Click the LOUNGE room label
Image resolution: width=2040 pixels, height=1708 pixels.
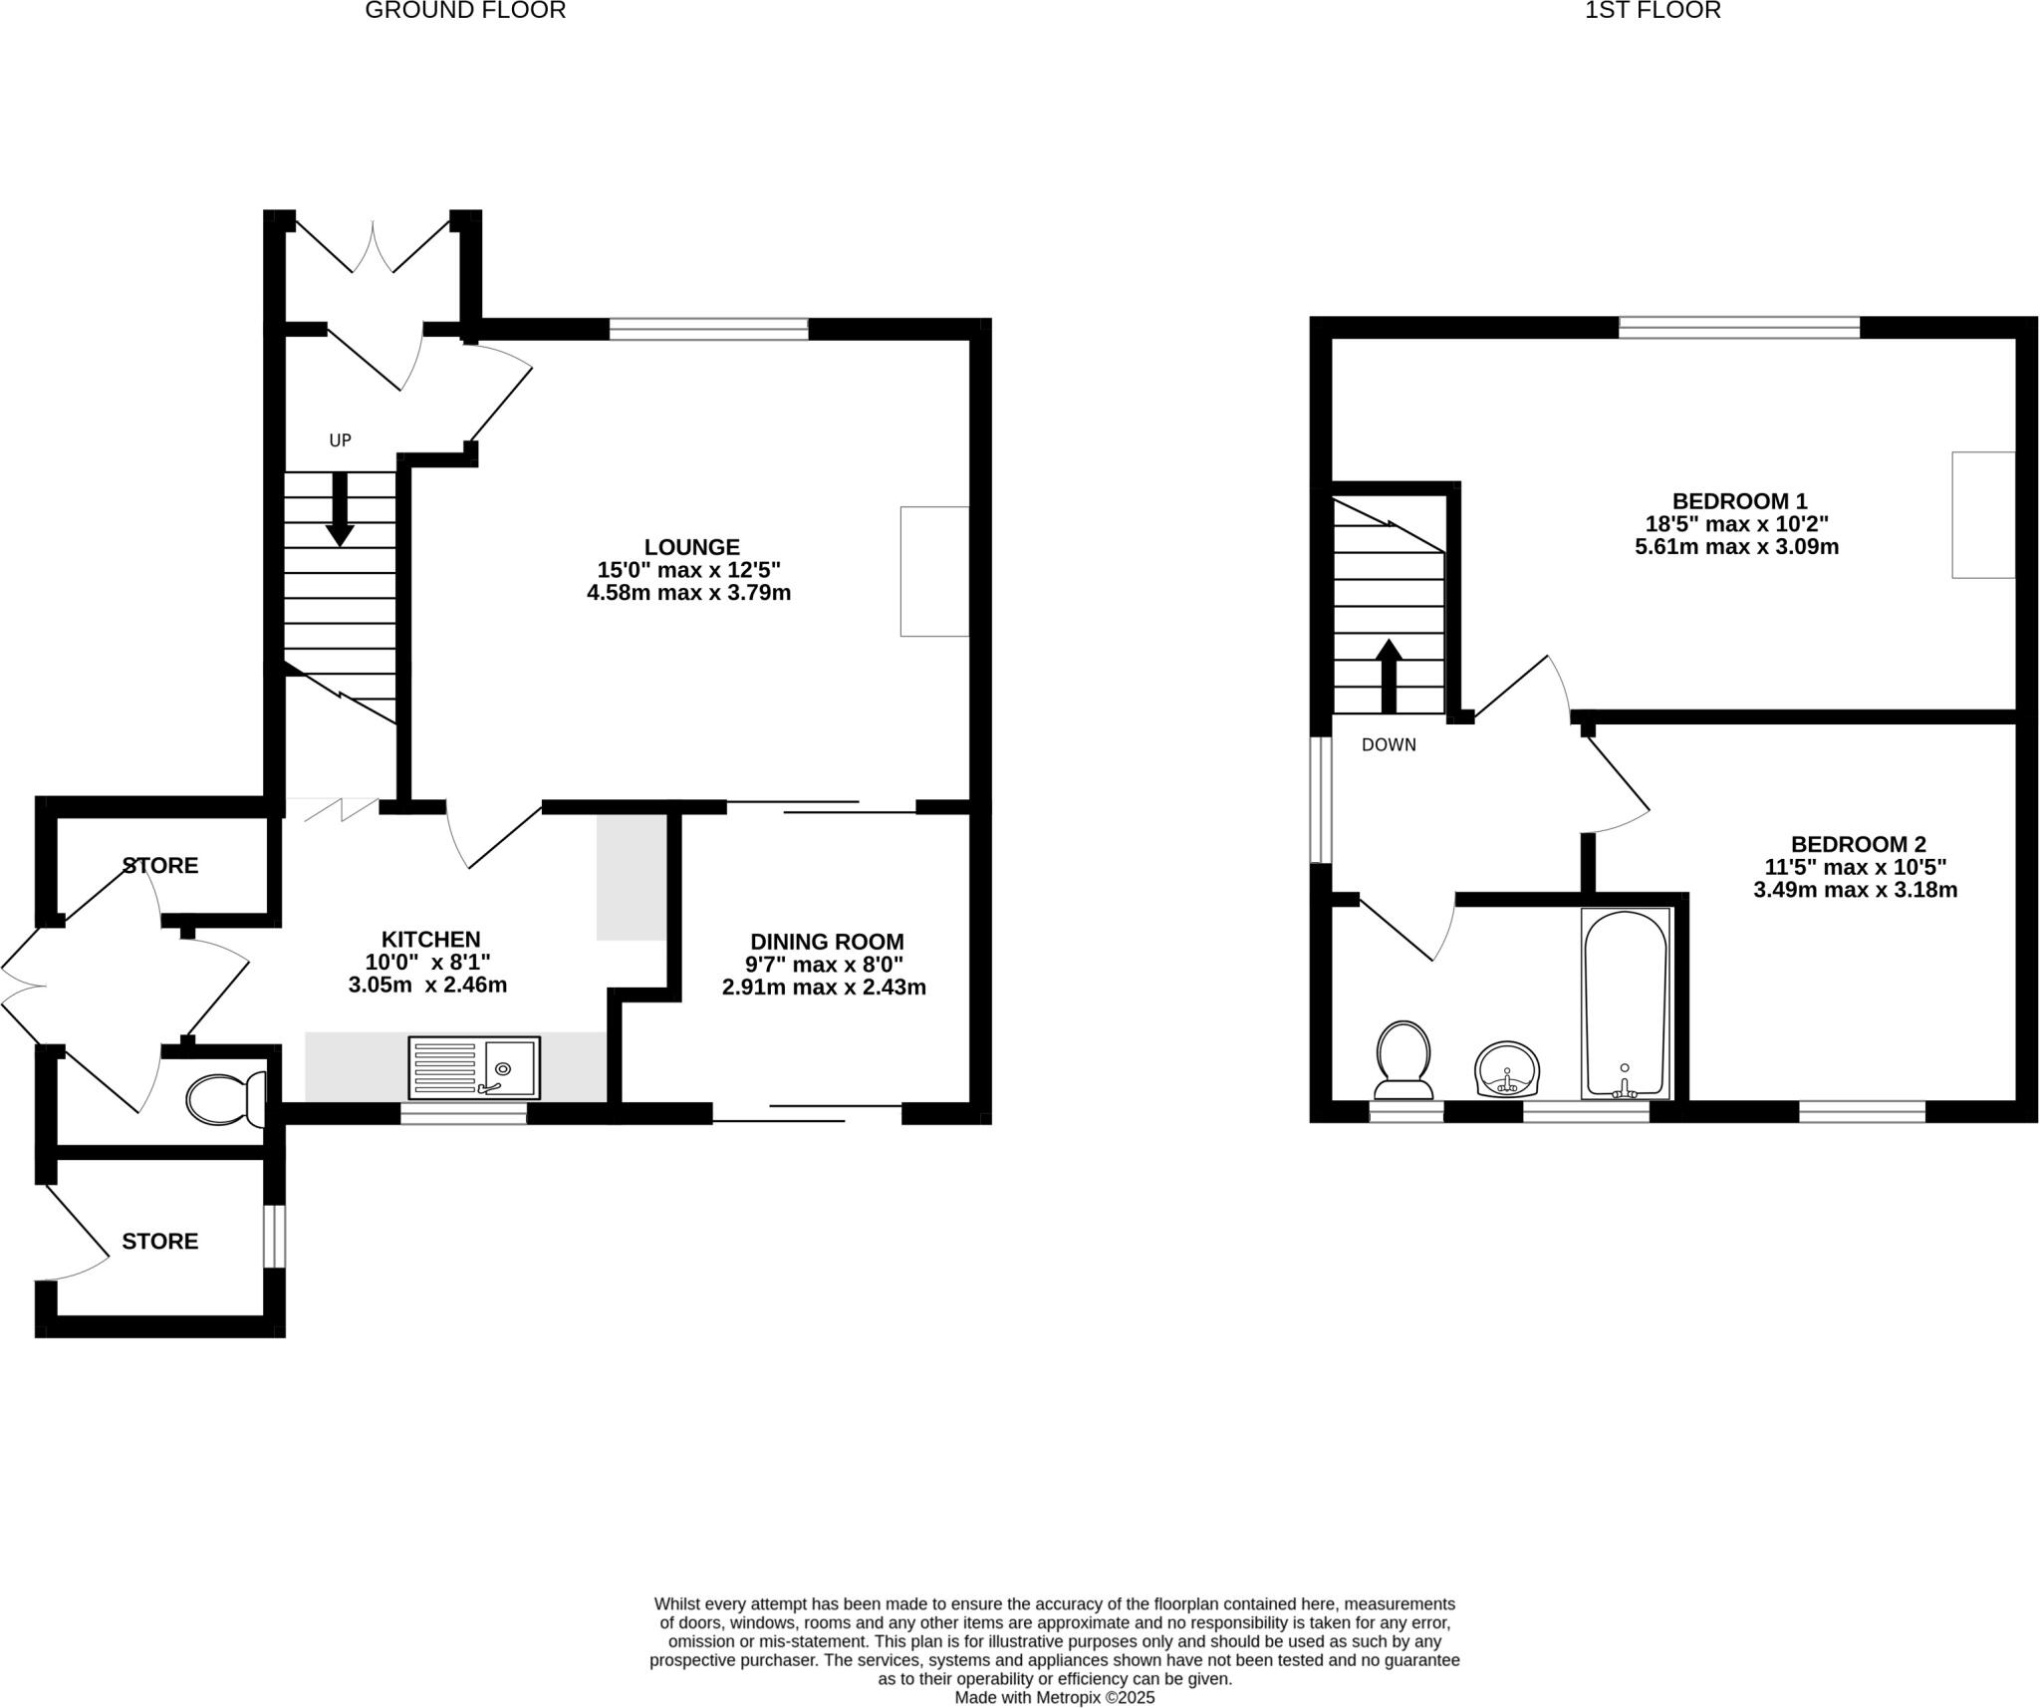pos(691,547)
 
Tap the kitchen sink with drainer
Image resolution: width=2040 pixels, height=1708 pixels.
pos(474,1068)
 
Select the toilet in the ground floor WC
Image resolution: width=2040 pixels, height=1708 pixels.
pos(223,1098)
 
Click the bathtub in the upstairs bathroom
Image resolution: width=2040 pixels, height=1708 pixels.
pos(1625,1003)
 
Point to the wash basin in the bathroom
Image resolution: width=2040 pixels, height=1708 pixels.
pos(1506,1070)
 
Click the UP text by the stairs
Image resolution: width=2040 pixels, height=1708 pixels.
pos(341,440)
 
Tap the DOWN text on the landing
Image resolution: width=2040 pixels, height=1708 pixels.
pos(1389,744)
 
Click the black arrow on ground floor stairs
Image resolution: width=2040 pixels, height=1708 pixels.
pos(340,509)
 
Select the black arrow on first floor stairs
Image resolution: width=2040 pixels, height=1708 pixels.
pos(1389,676)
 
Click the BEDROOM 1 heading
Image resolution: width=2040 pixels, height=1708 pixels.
pos(1738,501)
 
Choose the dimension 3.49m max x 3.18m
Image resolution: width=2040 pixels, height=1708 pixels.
pos(1855,890)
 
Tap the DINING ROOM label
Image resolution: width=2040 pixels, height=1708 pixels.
pos(826,942)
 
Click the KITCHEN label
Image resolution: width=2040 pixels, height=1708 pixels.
pos(430,939)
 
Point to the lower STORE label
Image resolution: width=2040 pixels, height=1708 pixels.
pos(160,1241)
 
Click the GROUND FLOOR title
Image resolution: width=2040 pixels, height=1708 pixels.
pos(465,11)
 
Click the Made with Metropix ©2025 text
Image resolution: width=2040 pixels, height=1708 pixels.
pos(1054,1697)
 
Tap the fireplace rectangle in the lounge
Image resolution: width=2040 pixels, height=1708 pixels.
pos(934,571)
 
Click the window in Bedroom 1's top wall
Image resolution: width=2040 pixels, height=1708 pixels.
pos(1739,327)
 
